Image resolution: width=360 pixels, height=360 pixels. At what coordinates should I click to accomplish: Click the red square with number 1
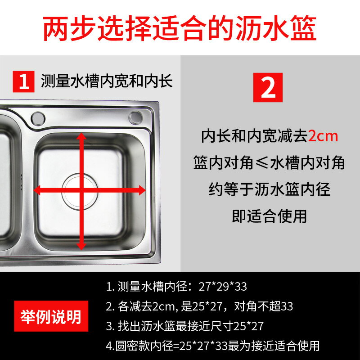23,81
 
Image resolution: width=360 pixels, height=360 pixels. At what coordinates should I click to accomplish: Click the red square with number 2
268,87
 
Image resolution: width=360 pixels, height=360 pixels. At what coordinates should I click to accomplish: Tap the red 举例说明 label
51,316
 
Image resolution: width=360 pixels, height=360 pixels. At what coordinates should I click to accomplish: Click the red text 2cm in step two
323,136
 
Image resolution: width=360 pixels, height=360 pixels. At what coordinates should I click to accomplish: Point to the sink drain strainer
80,192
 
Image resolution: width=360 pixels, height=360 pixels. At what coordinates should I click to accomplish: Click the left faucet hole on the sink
38,118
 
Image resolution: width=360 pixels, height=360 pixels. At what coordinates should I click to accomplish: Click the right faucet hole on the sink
135,118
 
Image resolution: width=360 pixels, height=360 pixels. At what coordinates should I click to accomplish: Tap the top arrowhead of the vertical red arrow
81,136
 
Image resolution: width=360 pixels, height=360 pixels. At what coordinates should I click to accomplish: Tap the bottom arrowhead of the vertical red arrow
81,246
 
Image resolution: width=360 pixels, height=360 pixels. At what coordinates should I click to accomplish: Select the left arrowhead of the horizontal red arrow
37,190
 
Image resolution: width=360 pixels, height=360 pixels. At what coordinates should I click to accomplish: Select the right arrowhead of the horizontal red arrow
142,190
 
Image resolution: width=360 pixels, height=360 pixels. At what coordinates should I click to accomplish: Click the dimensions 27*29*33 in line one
223,287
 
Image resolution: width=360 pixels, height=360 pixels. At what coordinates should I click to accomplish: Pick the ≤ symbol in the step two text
261,163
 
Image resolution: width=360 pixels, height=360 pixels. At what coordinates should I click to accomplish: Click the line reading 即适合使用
269,216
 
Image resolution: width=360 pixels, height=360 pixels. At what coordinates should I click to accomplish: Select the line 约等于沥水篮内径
269,189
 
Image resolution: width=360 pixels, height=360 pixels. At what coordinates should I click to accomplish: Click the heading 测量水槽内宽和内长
107,81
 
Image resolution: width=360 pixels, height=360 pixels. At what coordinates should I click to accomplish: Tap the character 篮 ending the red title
303,28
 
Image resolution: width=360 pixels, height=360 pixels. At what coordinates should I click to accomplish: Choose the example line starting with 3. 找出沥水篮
185,326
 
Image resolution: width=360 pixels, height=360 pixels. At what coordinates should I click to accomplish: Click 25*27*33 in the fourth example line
203,346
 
